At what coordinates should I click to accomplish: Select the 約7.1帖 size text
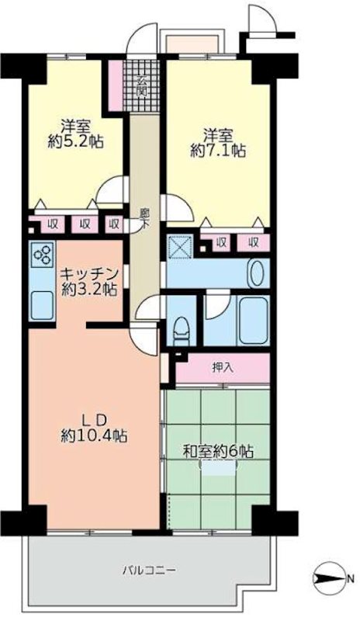click(x=218, y=152)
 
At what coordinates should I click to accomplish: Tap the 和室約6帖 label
click(x=220, y=451)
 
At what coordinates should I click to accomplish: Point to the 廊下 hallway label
click(x=144, y=217)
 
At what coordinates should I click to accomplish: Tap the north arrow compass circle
click(x=324, y=578)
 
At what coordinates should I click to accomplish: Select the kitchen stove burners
click(x=42, y=255)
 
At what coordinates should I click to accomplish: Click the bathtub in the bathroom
click(x=252, y=321)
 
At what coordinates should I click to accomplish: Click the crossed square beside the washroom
click(x=182, y=247)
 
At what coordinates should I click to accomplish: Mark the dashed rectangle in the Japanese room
click(x=218, y=467)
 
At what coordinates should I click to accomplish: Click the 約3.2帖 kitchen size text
click(x=90, y=290)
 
